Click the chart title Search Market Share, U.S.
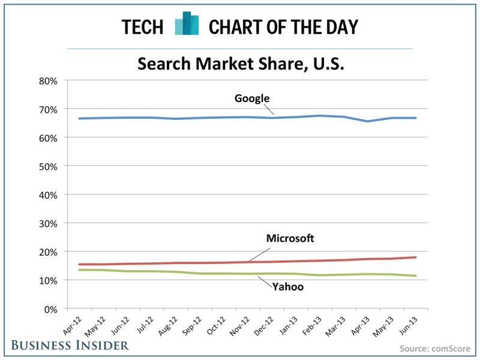(x=241, y=63)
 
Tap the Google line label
(x=252, y=98)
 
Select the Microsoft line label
(x=290, y=239)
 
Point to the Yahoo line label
(x=288, y=287)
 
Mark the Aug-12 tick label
(x=173, y=325)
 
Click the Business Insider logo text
(x=68, y=345)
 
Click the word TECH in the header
(x=142, y=27)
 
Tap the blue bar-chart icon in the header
(x=187, y=24)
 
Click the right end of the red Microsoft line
(x=416, y=257)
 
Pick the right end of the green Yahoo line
(x=416, y=276)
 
